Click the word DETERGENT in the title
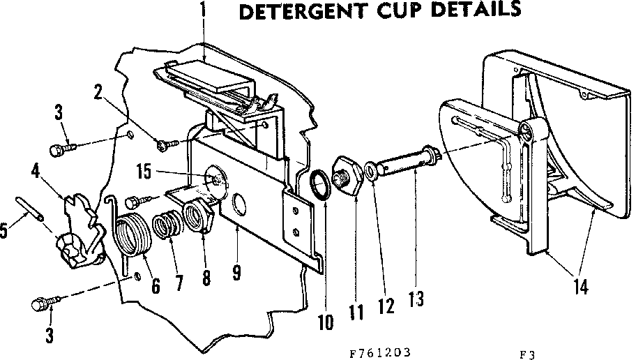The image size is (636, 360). [306, 13]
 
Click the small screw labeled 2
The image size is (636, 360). [165, 144]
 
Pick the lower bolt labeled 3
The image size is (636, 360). [40, 303]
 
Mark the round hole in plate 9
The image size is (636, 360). [237, 204]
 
